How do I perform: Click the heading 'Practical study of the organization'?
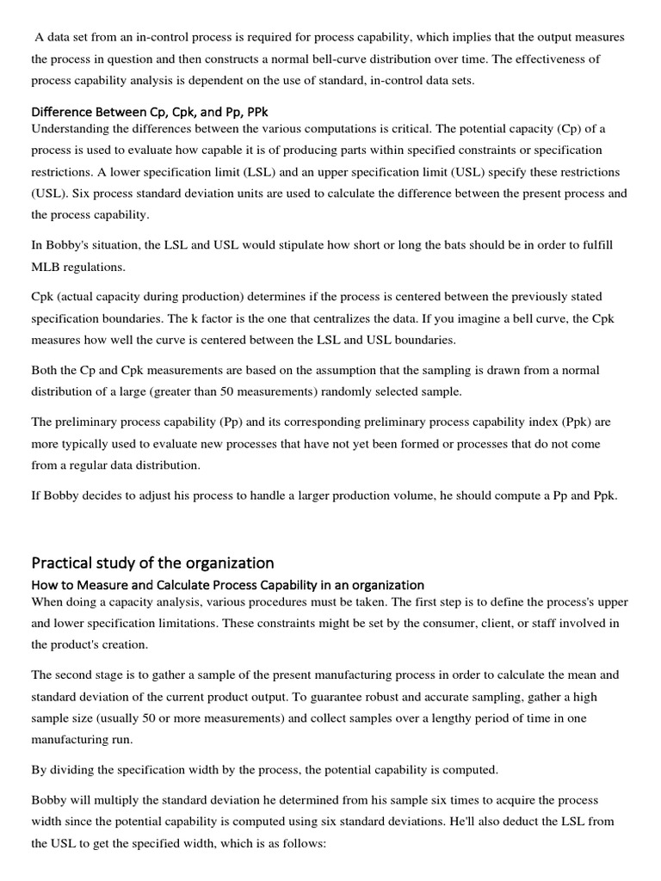[152, 563]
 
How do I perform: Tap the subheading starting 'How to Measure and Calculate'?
[227, 584]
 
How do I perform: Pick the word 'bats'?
[425, 245]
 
